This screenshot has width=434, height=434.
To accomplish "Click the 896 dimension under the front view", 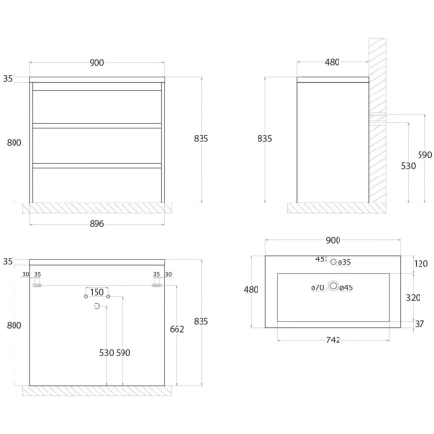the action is point(96,223).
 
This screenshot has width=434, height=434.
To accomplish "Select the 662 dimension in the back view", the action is point(176,329).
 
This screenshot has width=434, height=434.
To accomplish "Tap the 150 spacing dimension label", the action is point(96,292).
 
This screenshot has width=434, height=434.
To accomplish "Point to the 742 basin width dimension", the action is point(333,339).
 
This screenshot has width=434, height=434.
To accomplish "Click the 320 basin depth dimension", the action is point(413,297).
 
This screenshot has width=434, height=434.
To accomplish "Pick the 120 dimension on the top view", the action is point(420,264).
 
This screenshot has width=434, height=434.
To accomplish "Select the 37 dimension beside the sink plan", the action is point(420,324).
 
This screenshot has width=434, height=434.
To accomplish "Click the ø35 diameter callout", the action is point(344,262).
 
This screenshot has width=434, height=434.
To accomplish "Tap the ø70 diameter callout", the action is point(317,287).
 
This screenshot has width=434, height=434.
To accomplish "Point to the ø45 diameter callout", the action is point(346,287).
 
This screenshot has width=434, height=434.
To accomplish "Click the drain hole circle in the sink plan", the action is point(333,285).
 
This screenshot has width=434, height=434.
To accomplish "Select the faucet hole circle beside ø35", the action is point(333,262).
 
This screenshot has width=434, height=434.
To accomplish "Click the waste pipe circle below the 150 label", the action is point(96,306).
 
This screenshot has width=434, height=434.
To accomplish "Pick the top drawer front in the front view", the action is point(96,107).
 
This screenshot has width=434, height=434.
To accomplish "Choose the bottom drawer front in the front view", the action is point(96,185).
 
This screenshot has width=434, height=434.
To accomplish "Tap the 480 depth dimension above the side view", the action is point(332,62).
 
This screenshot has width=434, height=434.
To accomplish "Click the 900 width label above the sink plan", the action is point(333,240).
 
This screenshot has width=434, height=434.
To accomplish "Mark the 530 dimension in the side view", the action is point(408,166).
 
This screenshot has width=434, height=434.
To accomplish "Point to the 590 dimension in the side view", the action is point(424,155).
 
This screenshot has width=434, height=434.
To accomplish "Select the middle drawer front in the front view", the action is point(96,146).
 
